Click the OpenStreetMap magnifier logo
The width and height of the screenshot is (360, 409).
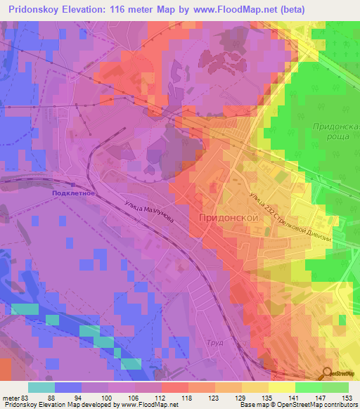(x=328, y=373)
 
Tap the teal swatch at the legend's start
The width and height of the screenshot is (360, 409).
(x=41, y=387)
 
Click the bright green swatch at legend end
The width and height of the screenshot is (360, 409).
(x=335, y=387)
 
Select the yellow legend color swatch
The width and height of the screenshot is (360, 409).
(x=281, y=387)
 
